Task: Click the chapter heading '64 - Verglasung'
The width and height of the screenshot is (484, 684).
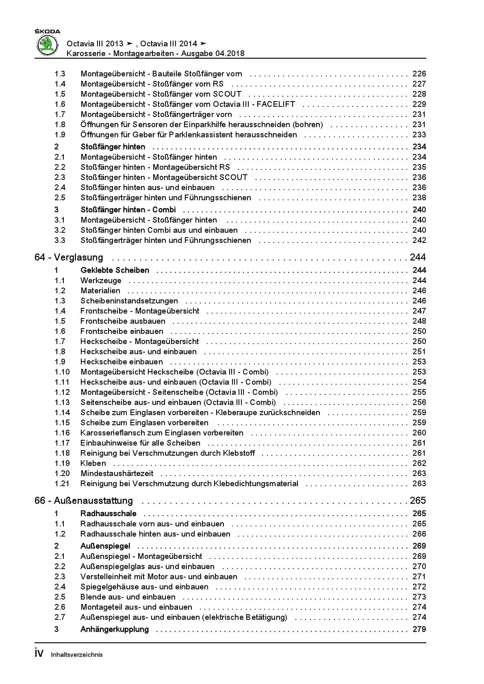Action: pos(69,258)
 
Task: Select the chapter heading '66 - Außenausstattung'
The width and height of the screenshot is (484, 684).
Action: pos(84,501)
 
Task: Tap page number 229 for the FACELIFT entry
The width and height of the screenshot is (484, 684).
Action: pos(419,104)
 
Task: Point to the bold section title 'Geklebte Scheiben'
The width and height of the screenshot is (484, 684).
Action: pos(115,271)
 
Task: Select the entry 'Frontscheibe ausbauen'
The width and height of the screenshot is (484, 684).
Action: pos(123,321)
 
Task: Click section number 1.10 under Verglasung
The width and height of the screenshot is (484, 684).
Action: pos(62,372)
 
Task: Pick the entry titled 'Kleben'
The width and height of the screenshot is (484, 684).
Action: pos(93,463)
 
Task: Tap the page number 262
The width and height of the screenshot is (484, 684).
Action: pos(419,463)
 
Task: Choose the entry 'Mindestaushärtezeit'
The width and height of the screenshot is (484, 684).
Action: pos(117,474)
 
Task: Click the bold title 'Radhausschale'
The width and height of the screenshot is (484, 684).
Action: pos(108,514)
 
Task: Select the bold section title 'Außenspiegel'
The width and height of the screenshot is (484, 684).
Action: pos(105,546)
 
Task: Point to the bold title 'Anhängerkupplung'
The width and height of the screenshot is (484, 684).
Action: pos(115,630)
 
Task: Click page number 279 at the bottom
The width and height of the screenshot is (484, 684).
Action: pos(419,630)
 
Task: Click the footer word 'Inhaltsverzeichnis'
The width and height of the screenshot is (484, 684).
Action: pos(77,655)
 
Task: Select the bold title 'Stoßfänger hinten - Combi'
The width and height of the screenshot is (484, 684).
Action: pos(128,210)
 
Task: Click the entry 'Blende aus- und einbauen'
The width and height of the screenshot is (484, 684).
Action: pos(128,597)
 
